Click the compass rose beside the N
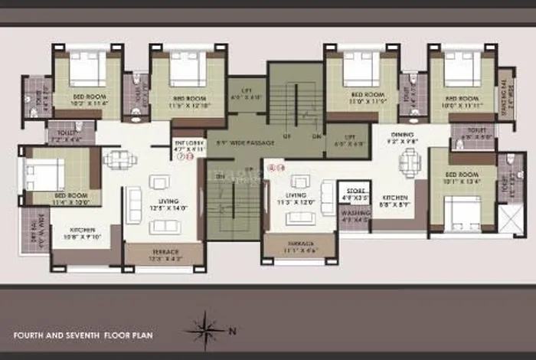click(204, 331)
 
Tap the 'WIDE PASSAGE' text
click(244, 142)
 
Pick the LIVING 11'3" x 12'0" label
click(296, 200)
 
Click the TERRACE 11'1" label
click(299, 246)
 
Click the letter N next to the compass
click(234, 331)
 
